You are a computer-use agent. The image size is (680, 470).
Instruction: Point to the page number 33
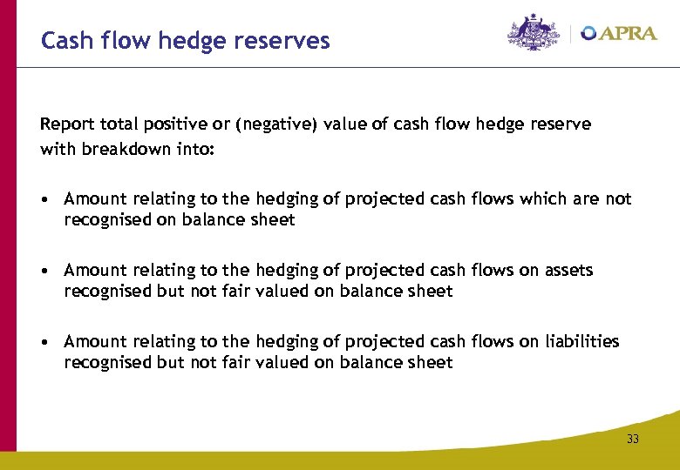632,439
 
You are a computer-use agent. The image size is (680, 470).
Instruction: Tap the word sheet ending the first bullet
274,220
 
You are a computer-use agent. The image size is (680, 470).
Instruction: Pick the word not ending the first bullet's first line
618,199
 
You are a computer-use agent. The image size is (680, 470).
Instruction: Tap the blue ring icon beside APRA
589,33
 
